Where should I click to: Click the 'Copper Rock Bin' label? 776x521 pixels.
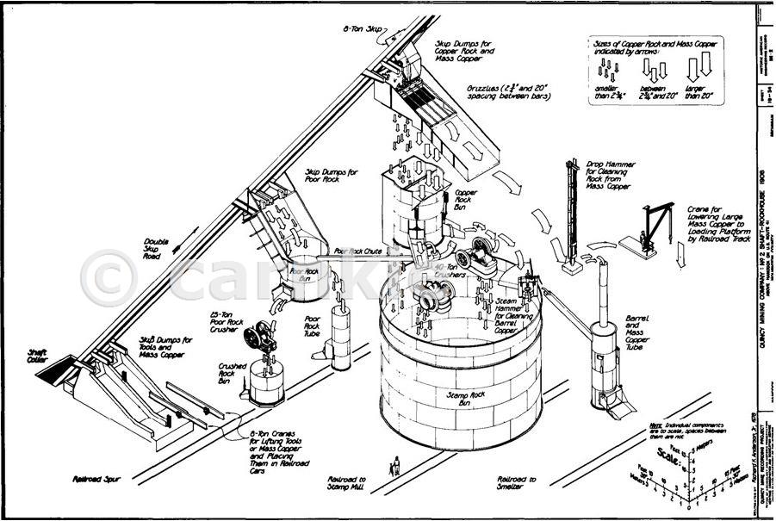(466, 199)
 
